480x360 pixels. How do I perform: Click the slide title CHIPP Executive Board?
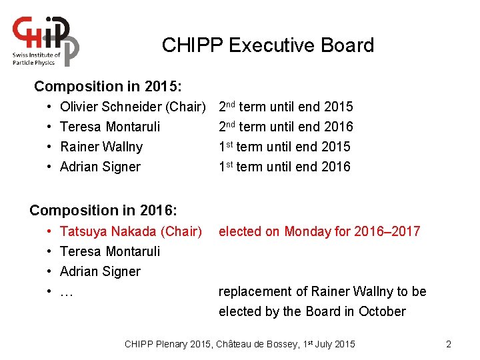267,45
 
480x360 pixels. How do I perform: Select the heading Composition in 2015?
108,87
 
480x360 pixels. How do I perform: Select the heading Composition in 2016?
103,211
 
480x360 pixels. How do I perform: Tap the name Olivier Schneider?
111,107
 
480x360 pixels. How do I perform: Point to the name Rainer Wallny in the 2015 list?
101,147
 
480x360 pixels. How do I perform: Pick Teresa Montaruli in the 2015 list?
110,127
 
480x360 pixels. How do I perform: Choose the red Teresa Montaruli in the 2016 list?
110,251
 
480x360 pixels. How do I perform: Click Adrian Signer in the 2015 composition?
100,167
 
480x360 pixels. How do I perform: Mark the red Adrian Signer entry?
100,271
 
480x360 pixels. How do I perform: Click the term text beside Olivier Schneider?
285,107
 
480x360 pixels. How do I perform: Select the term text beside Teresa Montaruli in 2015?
285,127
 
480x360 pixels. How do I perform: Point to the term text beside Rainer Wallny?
284,147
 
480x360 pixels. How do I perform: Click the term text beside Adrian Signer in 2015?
284,167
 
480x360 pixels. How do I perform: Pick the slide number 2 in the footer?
449,344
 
